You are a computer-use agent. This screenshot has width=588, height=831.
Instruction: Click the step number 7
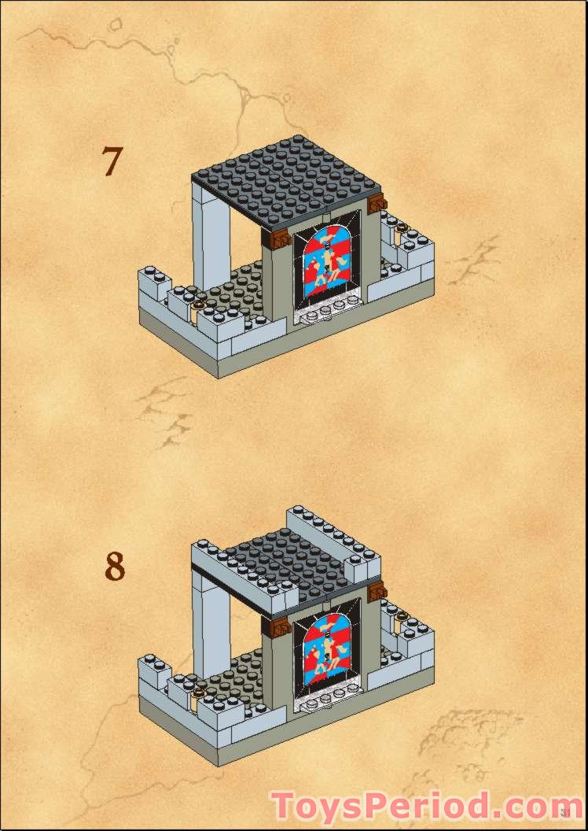[112, 161]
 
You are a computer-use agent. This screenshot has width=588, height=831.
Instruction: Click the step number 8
[115, 567]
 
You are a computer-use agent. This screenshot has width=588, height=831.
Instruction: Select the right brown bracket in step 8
[377, 593]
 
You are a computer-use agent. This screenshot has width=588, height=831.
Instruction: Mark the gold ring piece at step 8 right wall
[402, 616]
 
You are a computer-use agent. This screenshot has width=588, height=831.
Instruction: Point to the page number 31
[566, 811]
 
